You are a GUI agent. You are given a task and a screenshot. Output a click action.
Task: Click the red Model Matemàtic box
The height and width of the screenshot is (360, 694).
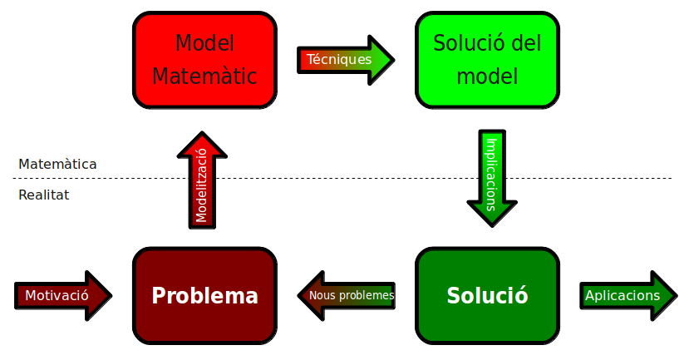[204, 60]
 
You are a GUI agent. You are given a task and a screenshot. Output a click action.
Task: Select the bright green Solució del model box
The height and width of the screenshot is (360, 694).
[487, 60]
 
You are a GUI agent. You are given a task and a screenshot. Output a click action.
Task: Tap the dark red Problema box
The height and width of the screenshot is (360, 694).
[204, 295]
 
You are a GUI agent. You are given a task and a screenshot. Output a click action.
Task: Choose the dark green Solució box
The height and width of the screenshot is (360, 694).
[487, 295]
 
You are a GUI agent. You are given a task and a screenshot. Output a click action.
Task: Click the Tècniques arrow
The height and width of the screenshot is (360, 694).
[344, 59]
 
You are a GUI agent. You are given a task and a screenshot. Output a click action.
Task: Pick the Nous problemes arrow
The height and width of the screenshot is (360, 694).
[346, 295]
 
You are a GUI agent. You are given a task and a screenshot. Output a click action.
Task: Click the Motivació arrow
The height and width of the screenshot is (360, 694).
[62, 295]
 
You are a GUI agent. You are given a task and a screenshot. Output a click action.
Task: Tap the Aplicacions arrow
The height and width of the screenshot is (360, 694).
[628, 295]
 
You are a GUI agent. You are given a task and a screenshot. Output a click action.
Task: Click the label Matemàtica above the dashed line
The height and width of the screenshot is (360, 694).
[57, 164]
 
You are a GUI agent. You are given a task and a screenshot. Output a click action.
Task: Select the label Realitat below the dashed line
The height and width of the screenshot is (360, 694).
[43, 195]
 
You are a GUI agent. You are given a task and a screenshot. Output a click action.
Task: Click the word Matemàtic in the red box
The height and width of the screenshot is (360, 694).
[204, 76]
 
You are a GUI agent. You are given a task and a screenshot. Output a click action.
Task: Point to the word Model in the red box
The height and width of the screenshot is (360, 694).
[204, 43]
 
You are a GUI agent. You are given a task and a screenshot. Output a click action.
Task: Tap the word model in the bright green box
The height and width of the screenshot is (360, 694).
[487, 76]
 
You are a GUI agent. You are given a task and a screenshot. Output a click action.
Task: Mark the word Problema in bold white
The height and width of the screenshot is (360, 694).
[204, 295]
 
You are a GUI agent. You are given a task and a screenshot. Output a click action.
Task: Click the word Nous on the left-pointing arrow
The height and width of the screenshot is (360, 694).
[322, 295]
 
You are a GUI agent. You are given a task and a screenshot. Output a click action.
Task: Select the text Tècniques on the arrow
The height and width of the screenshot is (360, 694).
[338, 59]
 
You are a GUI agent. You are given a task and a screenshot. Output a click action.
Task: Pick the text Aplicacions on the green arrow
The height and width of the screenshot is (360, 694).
[622, 295]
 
